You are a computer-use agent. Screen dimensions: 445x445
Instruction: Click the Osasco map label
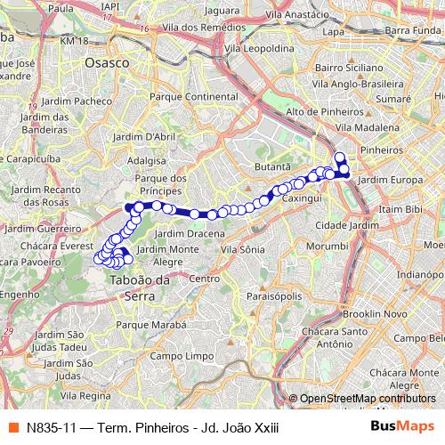[x=106, y=63]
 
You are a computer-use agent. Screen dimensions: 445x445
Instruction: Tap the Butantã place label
[x=272, y=166]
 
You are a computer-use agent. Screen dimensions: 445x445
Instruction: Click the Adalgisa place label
[x=148, y=162]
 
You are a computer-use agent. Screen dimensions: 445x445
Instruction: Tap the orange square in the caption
[x=12, y=427]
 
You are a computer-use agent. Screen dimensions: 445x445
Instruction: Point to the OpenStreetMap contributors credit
[x=365, y=399]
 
